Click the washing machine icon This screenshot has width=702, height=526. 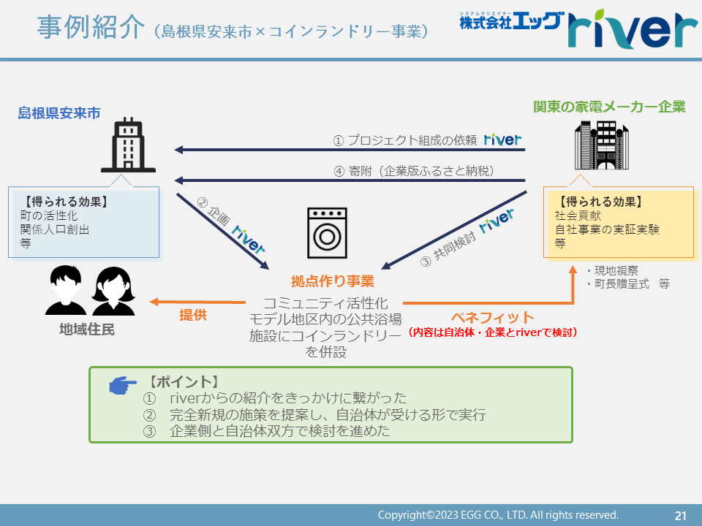[x=327, y=232]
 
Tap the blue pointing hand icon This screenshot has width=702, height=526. [x=123, y=385]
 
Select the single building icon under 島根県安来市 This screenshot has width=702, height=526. [x=129, y=145]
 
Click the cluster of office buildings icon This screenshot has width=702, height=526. [x=602, y=145]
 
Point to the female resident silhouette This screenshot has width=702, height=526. [x=113, y=291]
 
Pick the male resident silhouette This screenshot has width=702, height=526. [x=66, y=290]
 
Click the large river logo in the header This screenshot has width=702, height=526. [x=632, y=28]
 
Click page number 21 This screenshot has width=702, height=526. [x=681, y=516]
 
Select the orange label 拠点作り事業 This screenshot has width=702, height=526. [x=333, y=281]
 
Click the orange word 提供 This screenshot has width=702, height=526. [x=193, y=315]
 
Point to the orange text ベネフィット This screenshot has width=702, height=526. [x=493, y=318]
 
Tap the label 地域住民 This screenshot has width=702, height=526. [x=87, y=329]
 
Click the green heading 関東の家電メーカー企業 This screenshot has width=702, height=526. [x=609, y=107]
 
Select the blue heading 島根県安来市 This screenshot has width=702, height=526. [x=59, y=113]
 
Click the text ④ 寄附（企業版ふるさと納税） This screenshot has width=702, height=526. [x=414, y=171]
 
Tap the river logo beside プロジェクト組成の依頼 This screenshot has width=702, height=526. [x=503, y=140]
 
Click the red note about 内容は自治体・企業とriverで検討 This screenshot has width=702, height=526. [x=493, y=332]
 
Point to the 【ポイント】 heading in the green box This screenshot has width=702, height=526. [x=183, y=382]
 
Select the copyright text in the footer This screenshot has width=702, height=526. [x=498, y=515]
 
